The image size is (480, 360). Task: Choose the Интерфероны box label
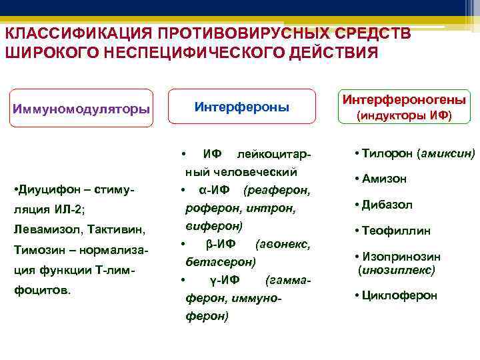(x=241, y=106)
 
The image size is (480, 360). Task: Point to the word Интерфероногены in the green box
(x=404, y=99)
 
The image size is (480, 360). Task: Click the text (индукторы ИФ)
(x=404, y=115)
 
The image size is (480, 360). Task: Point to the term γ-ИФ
(x=214, y=279)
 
